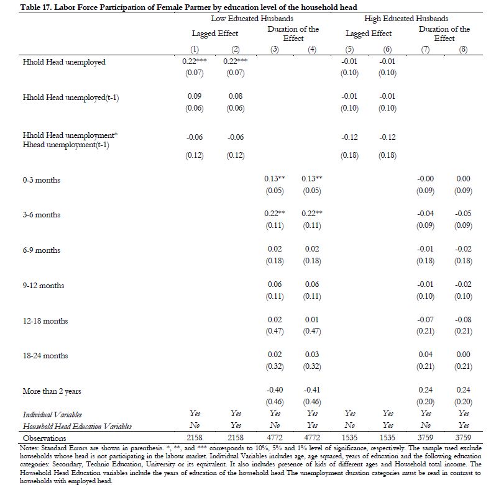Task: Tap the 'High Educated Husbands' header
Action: tap(406, 19)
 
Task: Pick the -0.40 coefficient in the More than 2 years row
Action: tap(274, 391)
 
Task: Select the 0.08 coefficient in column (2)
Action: tap(235, 96)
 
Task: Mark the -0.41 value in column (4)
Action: tap(311, 391)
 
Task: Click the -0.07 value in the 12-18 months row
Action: tap(425, 320)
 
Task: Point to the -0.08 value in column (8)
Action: tap(462, 320)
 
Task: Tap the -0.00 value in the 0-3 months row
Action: tap(425, 179)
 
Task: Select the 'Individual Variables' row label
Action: tap(52, 414)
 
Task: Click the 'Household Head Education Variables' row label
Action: tap(77, 426)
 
